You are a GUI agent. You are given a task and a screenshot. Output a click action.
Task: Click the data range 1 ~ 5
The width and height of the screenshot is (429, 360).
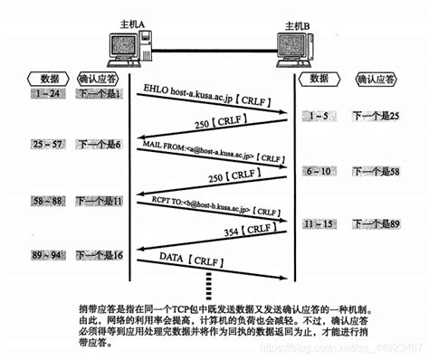coord(319,116)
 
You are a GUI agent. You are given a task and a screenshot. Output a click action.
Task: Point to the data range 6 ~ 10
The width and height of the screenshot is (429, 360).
coord(319,170)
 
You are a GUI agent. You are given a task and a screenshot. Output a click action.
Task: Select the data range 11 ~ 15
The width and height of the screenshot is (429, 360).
coord(319,223)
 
